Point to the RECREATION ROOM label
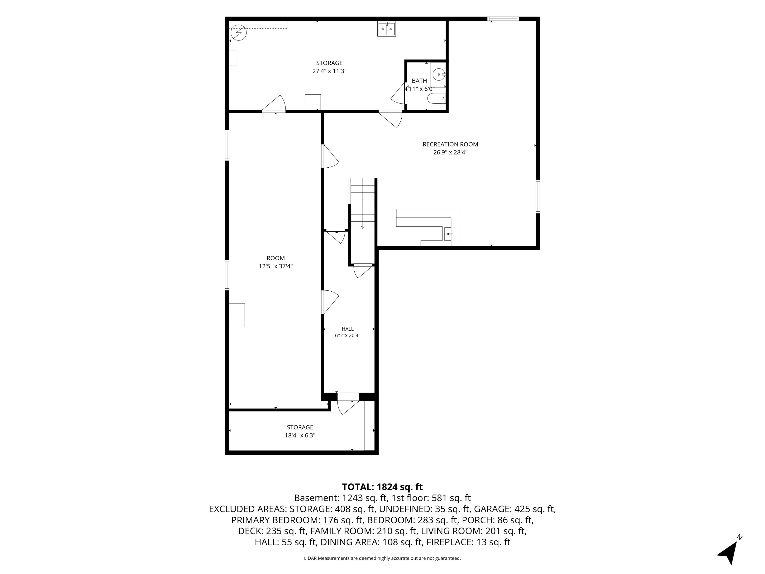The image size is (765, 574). click(450, 144)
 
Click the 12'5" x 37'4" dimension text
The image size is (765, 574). click(276, 266)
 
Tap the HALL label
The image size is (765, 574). click(348, 329)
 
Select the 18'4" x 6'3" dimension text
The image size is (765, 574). click(300, 435)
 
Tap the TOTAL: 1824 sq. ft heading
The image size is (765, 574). click(382, 487)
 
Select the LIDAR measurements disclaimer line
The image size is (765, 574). click(382, 558)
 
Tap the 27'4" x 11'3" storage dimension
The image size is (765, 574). click(329, 71)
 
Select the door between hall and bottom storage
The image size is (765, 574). click(348, 403)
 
